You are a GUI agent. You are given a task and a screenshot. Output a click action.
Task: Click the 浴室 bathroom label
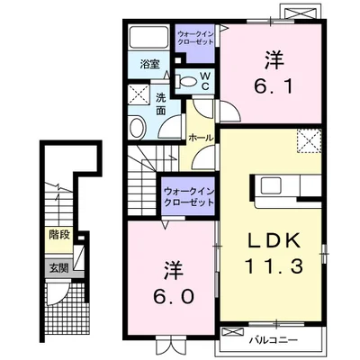149,64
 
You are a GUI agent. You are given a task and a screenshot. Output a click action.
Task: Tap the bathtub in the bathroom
149,37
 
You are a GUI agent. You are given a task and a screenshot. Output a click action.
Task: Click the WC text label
205,81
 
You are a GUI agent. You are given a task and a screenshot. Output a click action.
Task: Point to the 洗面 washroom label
161,104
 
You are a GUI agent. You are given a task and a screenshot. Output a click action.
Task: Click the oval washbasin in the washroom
138,127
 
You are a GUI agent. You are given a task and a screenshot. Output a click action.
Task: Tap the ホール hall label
201,138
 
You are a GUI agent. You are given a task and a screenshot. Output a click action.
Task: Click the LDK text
274,241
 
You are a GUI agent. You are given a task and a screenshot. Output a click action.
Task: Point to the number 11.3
274,266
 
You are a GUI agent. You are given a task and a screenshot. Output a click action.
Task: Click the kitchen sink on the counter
271,185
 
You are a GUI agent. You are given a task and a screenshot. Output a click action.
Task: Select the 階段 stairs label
59,235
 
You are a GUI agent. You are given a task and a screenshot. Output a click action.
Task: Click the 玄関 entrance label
58,268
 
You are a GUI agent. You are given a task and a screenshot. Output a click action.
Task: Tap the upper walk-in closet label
195,38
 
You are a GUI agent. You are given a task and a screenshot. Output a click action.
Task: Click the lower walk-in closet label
189,196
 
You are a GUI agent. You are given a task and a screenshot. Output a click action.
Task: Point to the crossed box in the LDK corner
309,140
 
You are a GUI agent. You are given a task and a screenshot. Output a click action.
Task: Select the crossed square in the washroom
139,94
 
